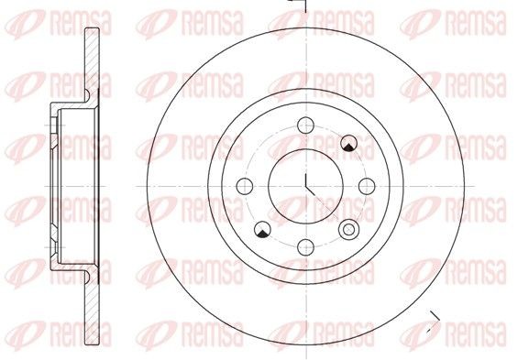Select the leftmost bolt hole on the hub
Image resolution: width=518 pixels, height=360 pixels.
pos(245,186)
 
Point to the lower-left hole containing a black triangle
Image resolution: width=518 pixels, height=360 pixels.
pos(262,229)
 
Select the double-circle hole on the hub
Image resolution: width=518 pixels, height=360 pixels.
pos(348,229)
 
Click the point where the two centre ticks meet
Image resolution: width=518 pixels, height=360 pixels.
pos(305,186)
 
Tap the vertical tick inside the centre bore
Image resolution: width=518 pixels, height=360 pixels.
pos(305,177)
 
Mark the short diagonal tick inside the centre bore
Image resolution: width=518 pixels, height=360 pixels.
pos(310,191)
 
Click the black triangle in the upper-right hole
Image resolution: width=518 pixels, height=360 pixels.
pos(348,146)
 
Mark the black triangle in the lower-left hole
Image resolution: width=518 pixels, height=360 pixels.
pos(262,233)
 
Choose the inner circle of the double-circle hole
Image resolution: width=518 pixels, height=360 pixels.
pos(348,229)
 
